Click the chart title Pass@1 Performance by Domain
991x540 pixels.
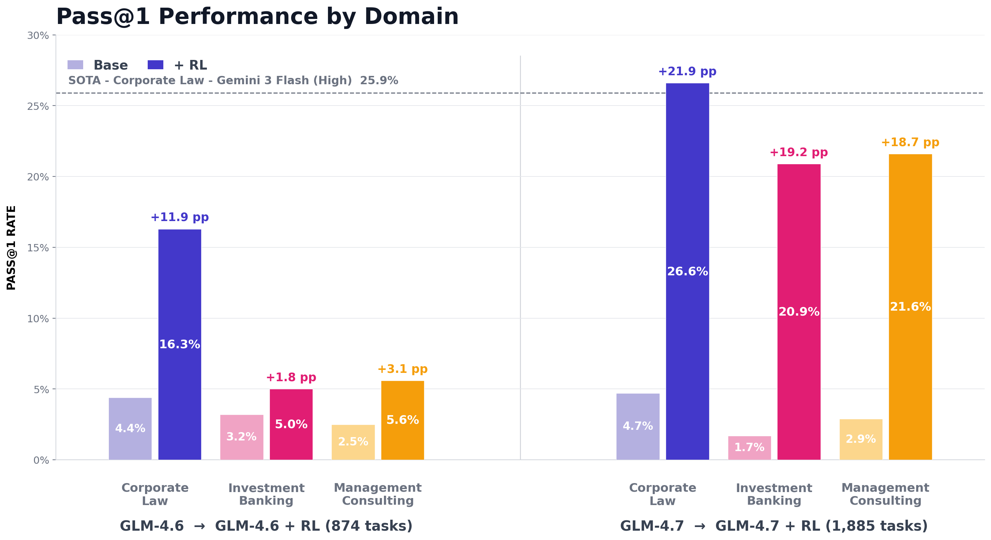[x=257, y=17]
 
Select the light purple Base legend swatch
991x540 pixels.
[x=75, y=65]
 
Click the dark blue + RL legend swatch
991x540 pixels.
[x=155, y=65]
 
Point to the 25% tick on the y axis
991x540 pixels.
[x=38, y=106]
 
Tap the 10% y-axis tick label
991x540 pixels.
[x=38, y=319]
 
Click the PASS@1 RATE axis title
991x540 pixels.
[x=12, y=247]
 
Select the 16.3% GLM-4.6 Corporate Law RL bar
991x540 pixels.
[x=180, y=344]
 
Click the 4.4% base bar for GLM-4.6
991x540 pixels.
[x=130, y=428]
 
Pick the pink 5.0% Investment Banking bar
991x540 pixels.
[x=291, y=424]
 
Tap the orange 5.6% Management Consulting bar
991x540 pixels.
[x=403, y=420]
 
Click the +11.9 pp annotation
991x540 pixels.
[x=180, y=217]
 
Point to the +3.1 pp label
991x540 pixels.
[x=403, y=369]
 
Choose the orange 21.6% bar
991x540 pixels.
[x=910, y=307]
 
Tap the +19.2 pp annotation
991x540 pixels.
[x=798, y=152]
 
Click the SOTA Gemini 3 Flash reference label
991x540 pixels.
[x=233, y=81]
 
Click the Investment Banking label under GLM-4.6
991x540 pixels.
[x=266, y=494]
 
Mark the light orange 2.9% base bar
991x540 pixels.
[x=861, y=439]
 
